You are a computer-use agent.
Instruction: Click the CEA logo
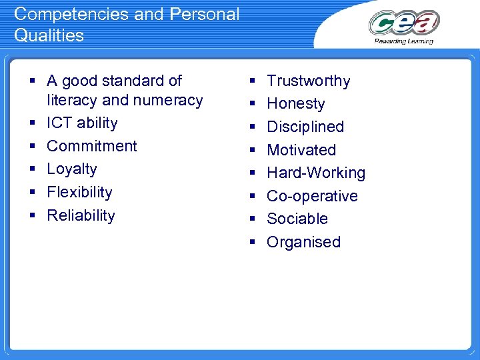pyautogui.click(x=404, y=23)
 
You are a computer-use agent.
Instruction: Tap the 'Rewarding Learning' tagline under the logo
pyautogui.click(x=404, y=41)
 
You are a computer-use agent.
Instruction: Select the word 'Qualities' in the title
pyautogui.click(x=49, y=35)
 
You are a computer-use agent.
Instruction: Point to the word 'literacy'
pyautogui.click(x=73, y=100)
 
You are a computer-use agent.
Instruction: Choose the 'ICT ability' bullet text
pyautogui.click(x=82, y=123)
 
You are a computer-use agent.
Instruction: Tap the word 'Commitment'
pyautogui.click(x=92, y=146)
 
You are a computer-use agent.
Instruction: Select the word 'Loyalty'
pyautogui.click(x=72, y=169)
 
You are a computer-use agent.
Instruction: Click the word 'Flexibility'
pyautogui.click(x=79, y=192)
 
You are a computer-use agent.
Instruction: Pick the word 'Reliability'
pyautogui.click(x=81, y=215)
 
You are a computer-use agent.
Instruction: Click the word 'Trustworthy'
pyautogui.click(x=308, y=81)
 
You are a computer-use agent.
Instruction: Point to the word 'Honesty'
pyautogui.click(x=296, y=104)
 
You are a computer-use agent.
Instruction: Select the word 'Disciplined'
pyautogui.click(x=305, y=127)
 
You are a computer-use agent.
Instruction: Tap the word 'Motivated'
pyautogui.click(x=301, y=150)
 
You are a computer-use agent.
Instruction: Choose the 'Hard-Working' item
pyautogui.click(x=316, y=173)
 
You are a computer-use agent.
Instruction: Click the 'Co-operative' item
pyautogui.click(x=312, y=196)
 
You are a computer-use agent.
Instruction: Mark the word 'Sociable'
pyautogui.click(x=297, y=219)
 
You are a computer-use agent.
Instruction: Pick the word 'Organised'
pyautogui.click(x=303, y=242)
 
